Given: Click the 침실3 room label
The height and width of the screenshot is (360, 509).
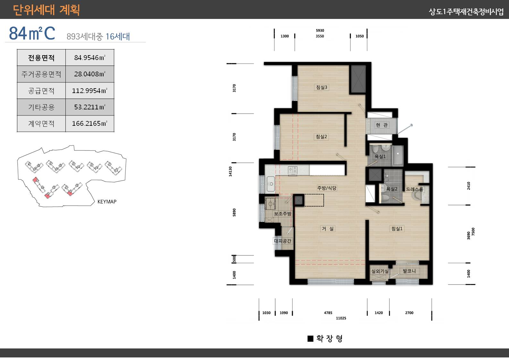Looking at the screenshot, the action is click(x=322, y=87).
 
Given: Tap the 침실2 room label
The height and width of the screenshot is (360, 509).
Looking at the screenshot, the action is click(x=321, y=137).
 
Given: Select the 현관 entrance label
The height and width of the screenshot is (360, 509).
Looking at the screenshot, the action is click(x=382, y=125).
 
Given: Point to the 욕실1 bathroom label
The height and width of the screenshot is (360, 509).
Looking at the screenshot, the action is click(x=380, y=156).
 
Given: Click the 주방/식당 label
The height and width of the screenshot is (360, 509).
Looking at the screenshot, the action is click(x=327, y=188).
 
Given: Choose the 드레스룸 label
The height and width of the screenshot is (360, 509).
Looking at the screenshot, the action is click(x=414, y=189).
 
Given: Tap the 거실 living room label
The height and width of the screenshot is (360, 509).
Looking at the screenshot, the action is click(x=327, y=229).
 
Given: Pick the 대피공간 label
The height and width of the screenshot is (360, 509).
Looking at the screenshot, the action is click(x=283, y=241).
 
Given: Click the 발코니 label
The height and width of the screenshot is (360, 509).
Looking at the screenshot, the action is click(x=409, y=271).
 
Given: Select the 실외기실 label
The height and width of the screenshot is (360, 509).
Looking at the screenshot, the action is click(x=380, y=271).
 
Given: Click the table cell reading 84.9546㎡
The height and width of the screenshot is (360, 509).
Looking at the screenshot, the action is click(x=90, y=57).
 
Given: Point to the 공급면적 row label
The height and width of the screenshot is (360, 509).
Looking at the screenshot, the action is click(x=41, y=91).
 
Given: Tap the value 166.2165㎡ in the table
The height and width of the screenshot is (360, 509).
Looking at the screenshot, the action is click(x=90, y=124).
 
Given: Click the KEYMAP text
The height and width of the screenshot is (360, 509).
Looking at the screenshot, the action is click(x=107, y=201).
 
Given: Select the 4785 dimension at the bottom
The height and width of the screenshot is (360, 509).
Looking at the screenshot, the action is click(x=328, y=313).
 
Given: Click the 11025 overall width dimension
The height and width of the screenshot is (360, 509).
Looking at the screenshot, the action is click(x=341, y=318).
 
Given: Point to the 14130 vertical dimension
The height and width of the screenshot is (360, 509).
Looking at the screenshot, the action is click(x=230, y=171).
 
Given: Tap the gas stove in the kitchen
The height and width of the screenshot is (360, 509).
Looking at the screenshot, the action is click(x=293, y=170).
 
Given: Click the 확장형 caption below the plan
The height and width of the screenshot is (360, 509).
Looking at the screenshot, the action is click(x=329, y=339).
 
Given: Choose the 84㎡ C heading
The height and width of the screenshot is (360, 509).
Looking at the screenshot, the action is click(x=32, y=33).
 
